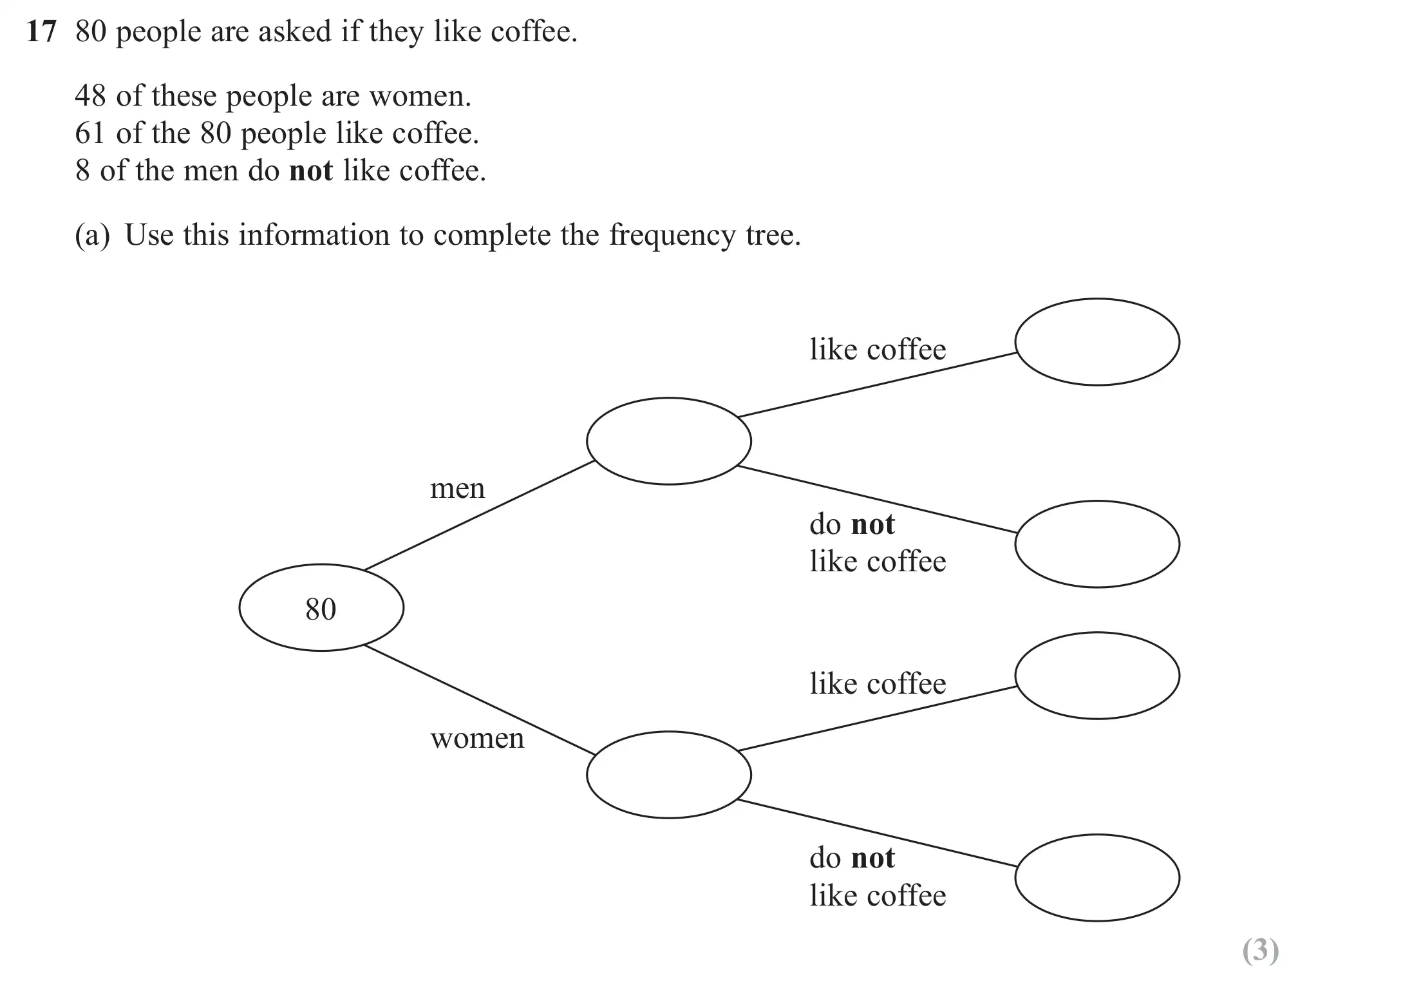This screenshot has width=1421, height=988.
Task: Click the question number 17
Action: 41,32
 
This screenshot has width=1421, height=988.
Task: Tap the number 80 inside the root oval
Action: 321,609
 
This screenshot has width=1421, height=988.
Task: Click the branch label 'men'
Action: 457,489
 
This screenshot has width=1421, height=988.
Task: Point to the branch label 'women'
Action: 477,739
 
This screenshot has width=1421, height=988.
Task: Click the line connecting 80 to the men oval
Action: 479,515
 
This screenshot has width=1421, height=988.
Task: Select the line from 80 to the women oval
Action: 479,699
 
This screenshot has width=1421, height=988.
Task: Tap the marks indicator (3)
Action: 1260,951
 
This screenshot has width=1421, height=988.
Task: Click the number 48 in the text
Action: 90,96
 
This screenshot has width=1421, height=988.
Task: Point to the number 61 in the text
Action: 90,133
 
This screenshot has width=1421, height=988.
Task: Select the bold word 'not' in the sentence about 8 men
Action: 311,171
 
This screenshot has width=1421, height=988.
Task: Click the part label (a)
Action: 93,235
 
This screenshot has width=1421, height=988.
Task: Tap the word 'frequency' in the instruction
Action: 672,236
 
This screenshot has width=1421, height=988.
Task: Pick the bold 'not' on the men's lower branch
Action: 873,524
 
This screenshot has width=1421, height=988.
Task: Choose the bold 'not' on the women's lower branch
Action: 873,858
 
